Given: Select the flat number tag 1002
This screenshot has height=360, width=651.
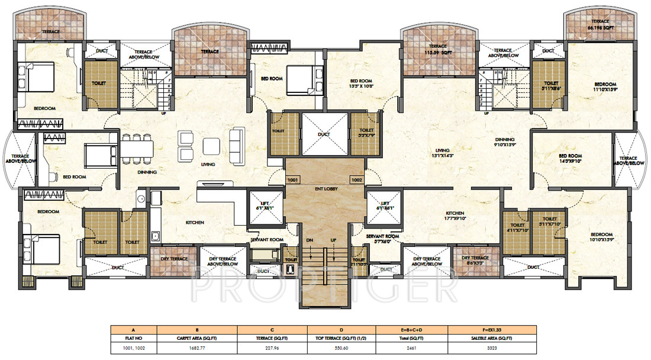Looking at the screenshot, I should (356, 179).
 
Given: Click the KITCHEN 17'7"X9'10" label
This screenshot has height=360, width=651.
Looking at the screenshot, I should (455, 216).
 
